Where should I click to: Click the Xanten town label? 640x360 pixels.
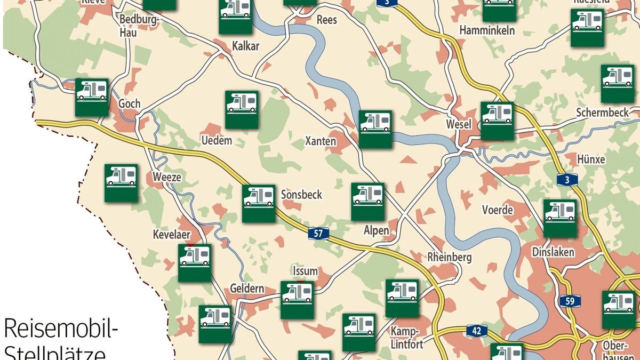coord(321,141)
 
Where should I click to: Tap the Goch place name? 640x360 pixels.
coord(130,103)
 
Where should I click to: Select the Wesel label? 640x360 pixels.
coord(459,124)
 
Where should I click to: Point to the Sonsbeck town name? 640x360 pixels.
coord(301,195)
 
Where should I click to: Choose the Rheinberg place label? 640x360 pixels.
coord(450,257)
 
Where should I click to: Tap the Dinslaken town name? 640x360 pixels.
coord(553,252)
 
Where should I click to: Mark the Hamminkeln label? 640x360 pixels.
coord(487,30)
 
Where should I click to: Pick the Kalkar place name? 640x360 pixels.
coord(246,46)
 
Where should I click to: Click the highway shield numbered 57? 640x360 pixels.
coord(318,233)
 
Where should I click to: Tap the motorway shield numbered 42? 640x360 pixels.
coord(476,331)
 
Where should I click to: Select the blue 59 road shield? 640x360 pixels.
coord(570,301)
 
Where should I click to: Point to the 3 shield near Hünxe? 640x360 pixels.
coord(567,180)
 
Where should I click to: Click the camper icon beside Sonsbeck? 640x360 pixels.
coord(259,203)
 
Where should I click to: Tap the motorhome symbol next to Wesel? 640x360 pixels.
coord(497,121)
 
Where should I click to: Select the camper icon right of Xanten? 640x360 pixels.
coord(375,129)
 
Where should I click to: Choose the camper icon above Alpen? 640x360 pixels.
coord(367,202)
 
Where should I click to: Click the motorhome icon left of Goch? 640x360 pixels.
coord(92,97)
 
